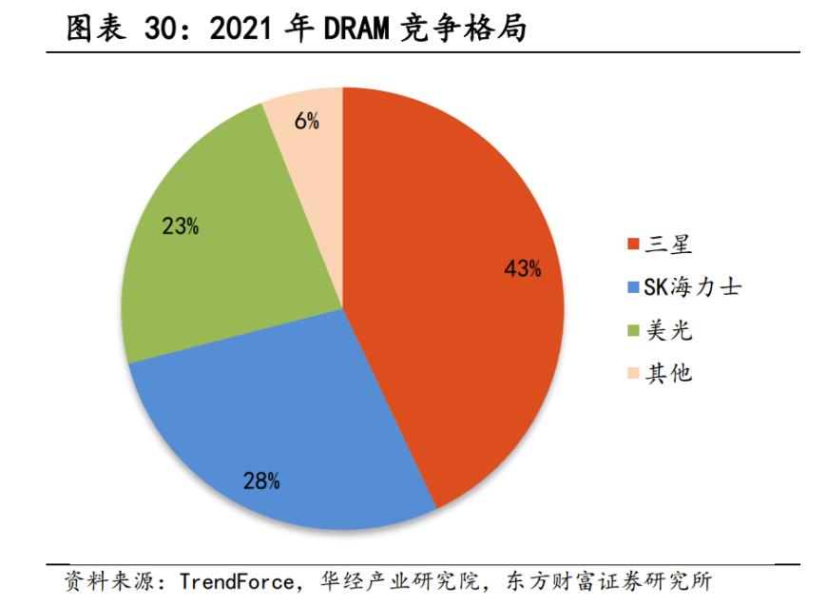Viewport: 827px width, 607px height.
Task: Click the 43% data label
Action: (522, 269)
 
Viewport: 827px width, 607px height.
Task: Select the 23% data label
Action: (180, 226)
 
